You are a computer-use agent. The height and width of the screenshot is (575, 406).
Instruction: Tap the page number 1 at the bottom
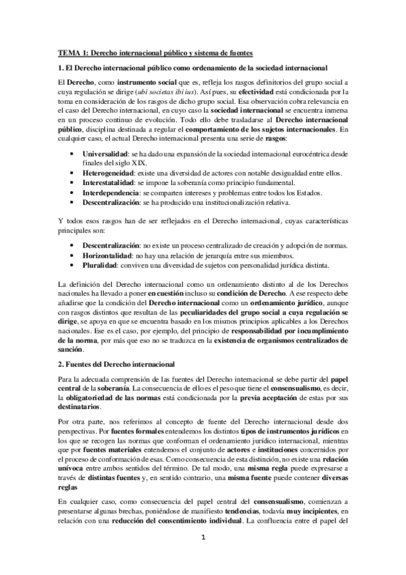click(203, 557)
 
